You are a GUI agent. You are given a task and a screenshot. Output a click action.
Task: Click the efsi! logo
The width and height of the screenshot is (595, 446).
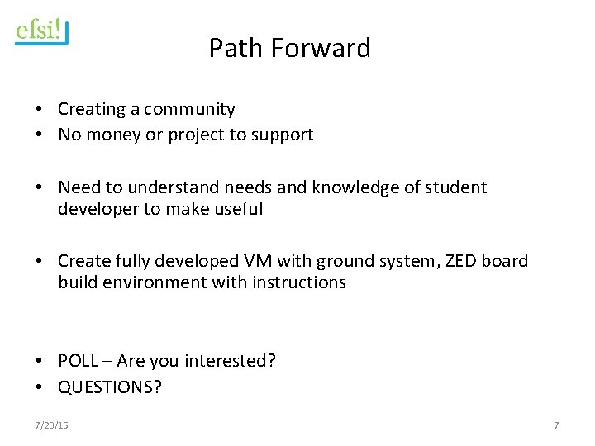tap(41, 31)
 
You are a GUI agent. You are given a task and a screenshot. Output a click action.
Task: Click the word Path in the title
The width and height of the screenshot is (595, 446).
tap(232, 48)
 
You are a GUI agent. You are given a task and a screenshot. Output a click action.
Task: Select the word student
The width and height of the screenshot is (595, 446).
tap(455, 187)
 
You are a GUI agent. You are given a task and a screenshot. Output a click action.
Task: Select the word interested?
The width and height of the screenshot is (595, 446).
tap(234, 361)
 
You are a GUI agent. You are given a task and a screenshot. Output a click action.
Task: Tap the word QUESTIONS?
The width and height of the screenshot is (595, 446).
tap(110, 387)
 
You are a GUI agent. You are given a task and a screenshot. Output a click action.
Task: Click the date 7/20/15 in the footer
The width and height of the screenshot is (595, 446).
tap(51, 425)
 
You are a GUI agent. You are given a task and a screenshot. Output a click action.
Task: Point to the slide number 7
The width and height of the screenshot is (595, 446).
tap(556, 425)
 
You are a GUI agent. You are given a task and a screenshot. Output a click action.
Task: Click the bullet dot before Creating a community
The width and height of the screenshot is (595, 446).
tap(39, 110)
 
